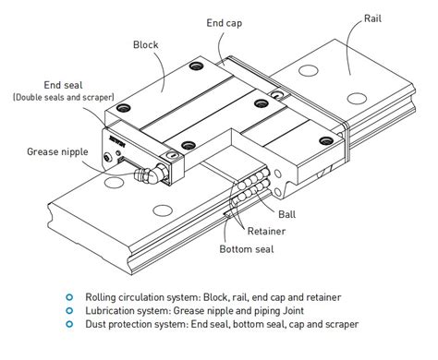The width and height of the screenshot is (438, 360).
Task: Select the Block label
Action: pos(146,43)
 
